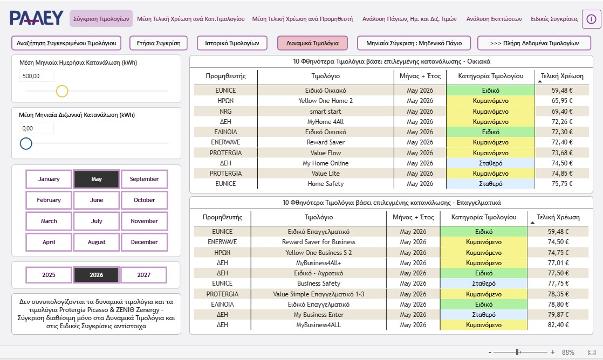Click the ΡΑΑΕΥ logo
(37, 18)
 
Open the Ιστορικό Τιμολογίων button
(232, 43)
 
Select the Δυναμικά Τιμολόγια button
(312, 43)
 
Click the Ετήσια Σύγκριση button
(159, 43)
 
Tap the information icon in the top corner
(591, 19)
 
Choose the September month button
(144, 179)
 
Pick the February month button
(49, 200)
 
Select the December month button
(144, 242)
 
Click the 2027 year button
(144, 275)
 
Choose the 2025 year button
(49, 275)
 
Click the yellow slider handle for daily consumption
(62, 91)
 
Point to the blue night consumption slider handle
(26, 144)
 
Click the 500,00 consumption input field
(37, 76)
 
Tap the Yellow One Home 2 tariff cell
(325, 101)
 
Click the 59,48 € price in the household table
(562, 91)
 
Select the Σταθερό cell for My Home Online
(490, 163)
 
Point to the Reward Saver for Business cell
(318, 242)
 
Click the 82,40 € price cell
(558, 324)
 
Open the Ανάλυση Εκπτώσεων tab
(494, 19)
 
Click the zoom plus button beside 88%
(553, 352)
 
